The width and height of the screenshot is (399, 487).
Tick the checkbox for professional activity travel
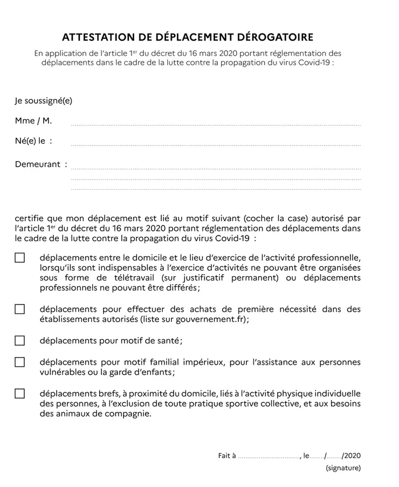pyautogui.click(x=20, y=258)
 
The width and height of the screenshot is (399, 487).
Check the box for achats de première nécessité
pyautogui.click(x=20, y=309)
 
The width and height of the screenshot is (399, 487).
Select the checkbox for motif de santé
pyautogui.click(x=20, y=340)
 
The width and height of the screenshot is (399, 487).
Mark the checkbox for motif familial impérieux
pyautogui.click(x=20, y=362)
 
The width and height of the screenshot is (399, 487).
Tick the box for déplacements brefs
pyautogui.click(x=20, y=393)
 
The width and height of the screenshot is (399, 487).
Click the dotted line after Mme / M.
pyautogui.click(x=216, y=124)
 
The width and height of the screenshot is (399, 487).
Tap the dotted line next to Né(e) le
pyautogui.click(x=216, y=144)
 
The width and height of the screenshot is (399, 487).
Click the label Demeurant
pyautogui.click(x=38, y=164)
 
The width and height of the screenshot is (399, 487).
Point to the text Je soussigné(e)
pyautogui.click(x=44, y=101)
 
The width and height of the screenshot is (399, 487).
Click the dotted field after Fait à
pyautogui.click(x=269, y=456)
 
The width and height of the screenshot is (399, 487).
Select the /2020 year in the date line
pyautogui.click(x=352, y=456)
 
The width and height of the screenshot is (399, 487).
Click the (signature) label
pyautogui.click(x=343, y=468)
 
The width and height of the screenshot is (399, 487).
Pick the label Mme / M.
pyautogui.click(x=33, y=121)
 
